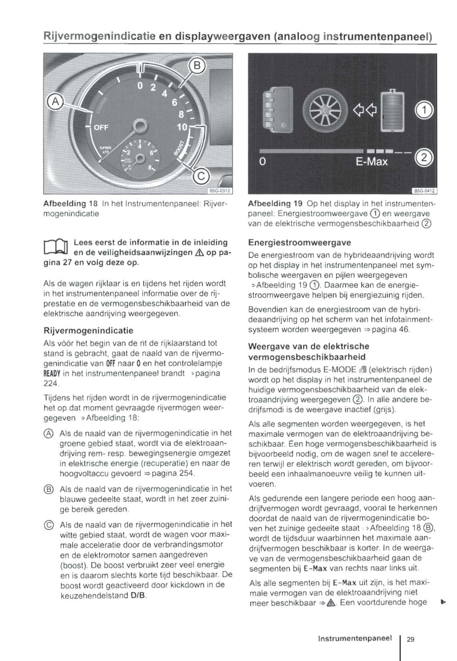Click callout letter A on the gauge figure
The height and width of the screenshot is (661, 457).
56,102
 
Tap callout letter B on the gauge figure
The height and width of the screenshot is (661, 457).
197,65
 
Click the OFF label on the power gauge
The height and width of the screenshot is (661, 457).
101,127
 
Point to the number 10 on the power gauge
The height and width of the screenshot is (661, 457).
182,127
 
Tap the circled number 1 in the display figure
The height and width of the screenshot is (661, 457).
424,110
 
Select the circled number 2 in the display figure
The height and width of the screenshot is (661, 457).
424,158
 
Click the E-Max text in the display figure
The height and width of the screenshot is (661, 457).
372,161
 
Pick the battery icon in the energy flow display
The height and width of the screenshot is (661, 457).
392,111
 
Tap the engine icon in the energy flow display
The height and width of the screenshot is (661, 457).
278,110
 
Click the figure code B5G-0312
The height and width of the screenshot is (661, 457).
220,191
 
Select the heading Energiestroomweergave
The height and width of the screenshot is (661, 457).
299,243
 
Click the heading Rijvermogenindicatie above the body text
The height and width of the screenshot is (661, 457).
88,330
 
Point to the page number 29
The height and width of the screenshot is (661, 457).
411,639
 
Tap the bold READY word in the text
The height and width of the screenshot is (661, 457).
52,374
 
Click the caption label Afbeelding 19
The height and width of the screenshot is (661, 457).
275,203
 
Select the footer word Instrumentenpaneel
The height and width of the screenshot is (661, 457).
355,638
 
